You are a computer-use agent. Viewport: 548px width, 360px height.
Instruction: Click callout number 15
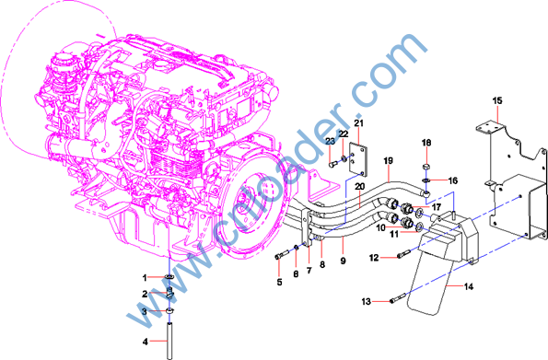coord(497,100)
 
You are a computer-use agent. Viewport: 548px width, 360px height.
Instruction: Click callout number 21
coord(358,123)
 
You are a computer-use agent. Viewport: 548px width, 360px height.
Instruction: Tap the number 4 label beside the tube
coord(146,342)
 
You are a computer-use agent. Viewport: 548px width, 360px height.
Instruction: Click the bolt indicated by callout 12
coord(403,253)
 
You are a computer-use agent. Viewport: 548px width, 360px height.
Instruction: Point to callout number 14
coord(469,286)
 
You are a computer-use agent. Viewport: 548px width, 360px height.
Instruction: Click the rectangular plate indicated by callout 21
coord(358,159)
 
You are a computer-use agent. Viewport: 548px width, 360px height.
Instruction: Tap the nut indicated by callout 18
coord(426,168)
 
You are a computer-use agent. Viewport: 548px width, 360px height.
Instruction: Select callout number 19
coord(388,161)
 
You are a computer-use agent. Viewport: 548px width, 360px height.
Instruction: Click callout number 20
coord(359,187)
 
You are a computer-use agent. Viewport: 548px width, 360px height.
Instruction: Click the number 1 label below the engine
coord(145,278)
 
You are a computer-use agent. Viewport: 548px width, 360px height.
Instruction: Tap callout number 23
coord(331,141)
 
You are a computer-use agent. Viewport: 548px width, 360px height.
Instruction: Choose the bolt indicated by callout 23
coord(333,163)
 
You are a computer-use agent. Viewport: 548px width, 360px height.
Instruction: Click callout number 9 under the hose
coord(343,261)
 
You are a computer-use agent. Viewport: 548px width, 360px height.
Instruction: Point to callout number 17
coord(437,207)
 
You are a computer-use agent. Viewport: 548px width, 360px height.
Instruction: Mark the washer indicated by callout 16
coord(426,180)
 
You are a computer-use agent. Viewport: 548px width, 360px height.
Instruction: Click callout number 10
coord(381,228)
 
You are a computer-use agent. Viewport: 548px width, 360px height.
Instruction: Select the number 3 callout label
coord(145,311)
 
